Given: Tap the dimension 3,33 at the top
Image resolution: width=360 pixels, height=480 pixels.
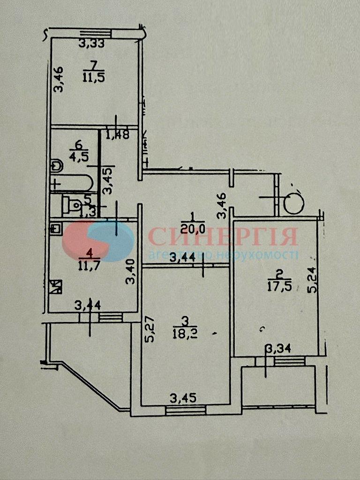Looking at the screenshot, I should [91, 44].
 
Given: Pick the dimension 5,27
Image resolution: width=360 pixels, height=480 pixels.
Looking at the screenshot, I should [150, 331].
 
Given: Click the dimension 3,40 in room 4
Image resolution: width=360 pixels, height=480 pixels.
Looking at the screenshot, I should [131, 272].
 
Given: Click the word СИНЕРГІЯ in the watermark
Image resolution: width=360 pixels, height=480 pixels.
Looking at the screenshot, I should [223, 237].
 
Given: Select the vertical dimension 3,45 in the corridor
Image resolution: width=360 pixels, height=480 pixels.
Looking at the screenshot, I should [108, 180].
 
